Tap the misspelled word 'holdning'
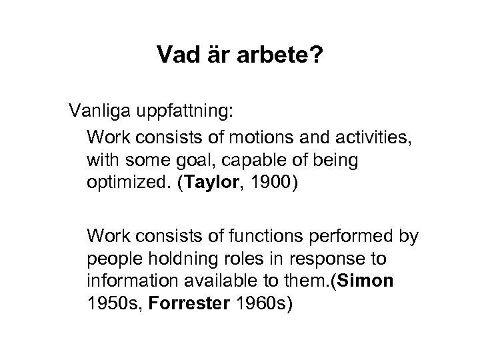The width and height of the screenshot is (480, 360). coord(177,258)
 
